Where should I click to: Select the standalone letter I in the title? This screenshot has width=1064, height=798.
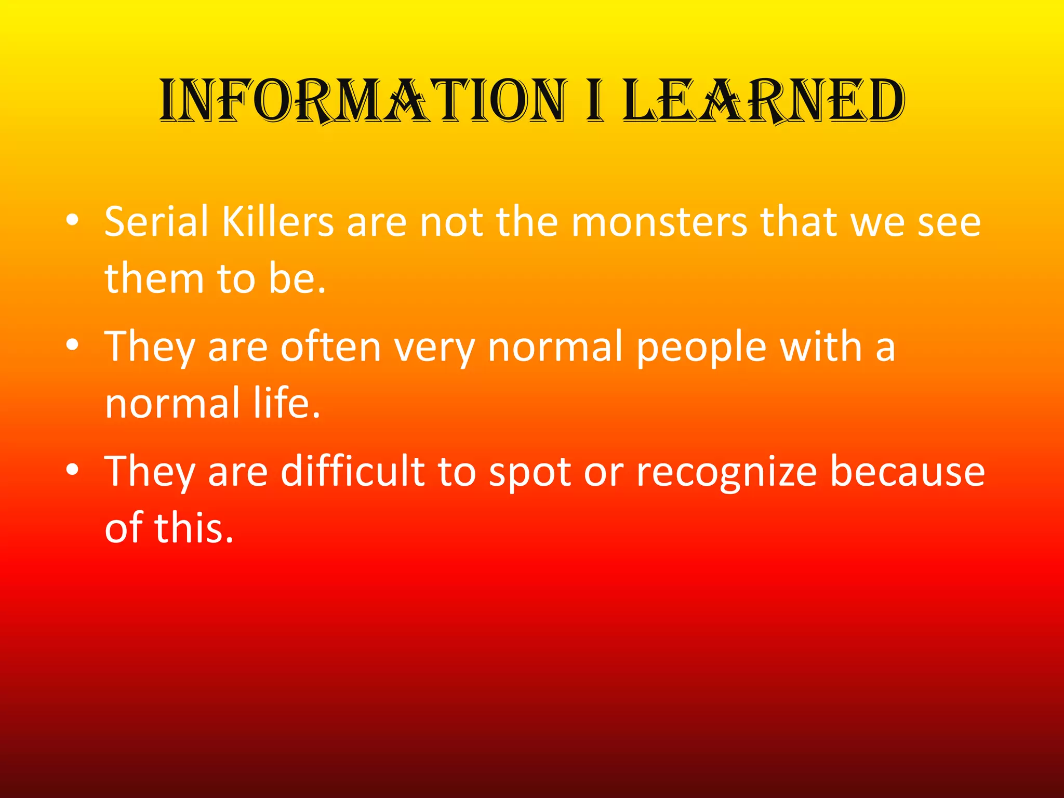click(x=595, y=101)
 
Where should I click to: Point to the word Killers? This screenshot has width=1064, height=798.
click(x=278, y=222)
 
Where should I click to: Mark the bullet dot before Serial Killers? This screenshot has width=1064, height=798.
click(x=73, y=221)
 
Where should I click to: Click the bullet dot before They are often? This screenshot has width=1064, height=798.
click(x=73, y=345)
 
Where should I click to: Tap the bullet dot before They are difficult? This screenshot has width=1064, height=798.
click(x=73, y=470)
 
